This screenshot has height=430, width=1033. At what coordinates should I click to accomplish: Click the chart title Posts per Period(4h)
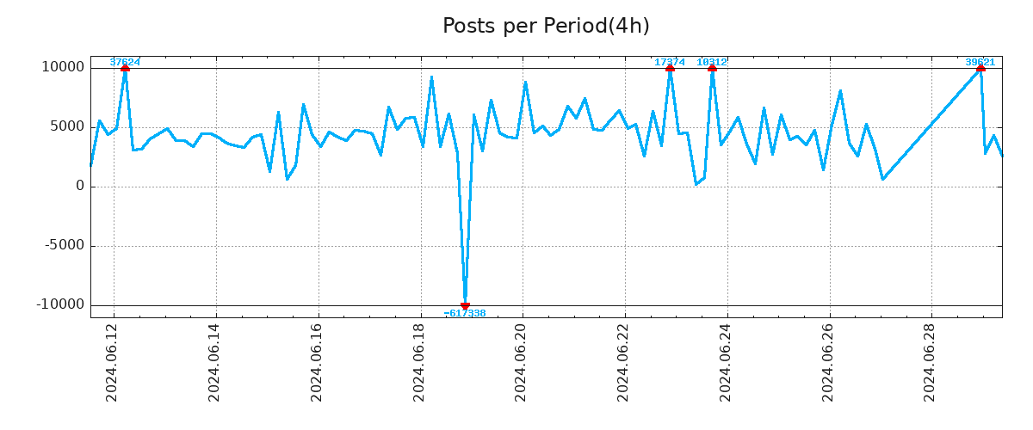546,26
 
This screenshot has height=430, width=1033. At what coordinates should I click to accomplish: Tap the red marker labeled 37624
125,67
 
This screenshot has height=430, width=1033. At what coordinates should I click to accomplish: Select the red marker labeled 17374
670,67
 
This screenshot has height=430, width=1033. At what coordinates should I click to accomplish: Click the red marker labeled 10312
712,67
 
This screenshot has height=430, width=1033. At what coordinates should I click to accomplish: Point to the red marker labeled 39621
980,67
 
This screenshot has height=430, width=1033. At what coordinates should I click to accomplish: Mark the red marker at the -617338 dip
465,305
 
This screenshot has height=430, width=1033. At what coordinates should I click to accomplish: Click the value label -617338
465,314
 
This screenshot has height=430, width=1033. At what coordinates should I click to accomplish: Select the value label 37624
125,62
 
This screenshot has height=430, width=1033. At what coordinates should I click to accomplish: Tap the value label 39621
980,62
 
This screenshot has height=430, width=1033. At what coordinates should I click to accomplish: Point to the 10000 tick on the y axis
63,67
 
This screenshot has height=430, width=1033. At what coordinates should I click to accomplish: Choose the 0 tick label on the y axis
80,186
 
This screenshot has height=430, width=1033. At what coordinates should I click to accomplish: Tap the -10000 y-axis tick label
60,304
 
